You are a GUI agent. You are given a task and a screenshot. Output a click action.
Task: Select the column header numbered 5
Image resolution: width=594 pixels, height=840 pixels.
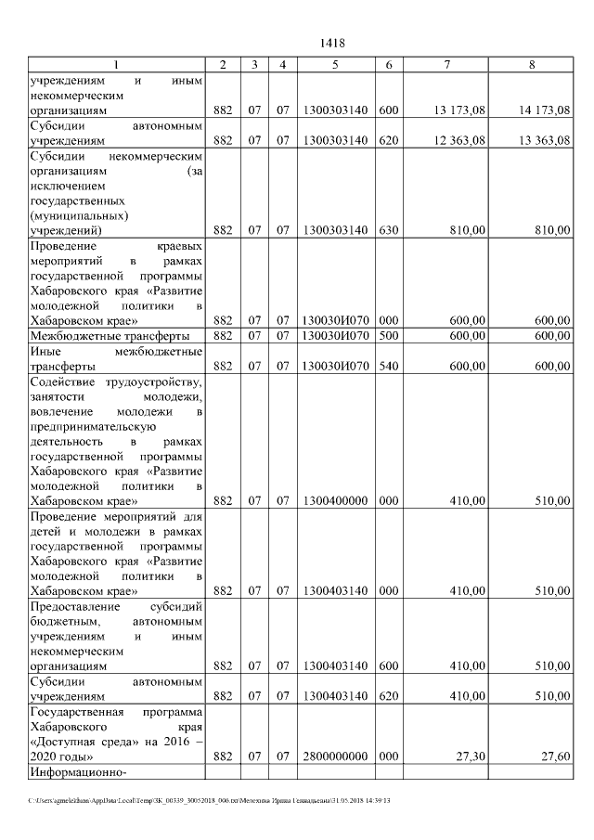click(x=335, y=64)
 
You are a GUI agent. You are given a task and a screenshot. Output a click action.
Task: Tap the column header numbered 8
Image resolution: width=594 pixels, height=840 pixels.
click(x=532, y=64)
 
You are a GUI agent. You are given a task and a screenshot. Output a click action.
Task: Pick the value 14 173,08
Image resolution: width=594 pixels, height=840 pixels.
click(x=545, y=110)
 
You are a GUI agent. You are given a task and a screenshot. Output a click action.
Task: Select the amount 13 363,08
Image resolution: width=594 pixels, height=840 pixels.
click(x=545, y=140)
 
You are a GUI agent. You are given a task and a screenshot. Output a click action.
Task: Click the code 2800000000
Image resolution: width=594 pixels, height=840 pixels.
click(x=335, y=756)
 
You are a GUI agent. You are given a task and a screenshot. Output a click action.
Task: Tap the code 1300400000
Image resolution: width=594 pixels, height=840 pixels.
click(x=335, y=500)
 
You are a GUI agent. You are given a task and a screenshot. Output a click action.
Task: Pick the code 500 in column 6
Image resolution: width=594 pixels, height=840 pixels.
click(x=388, y=335)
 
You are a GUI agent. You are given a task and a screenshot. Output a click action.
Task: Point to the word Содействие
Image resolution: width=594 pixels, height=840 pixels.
click(x=63, y=381)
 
